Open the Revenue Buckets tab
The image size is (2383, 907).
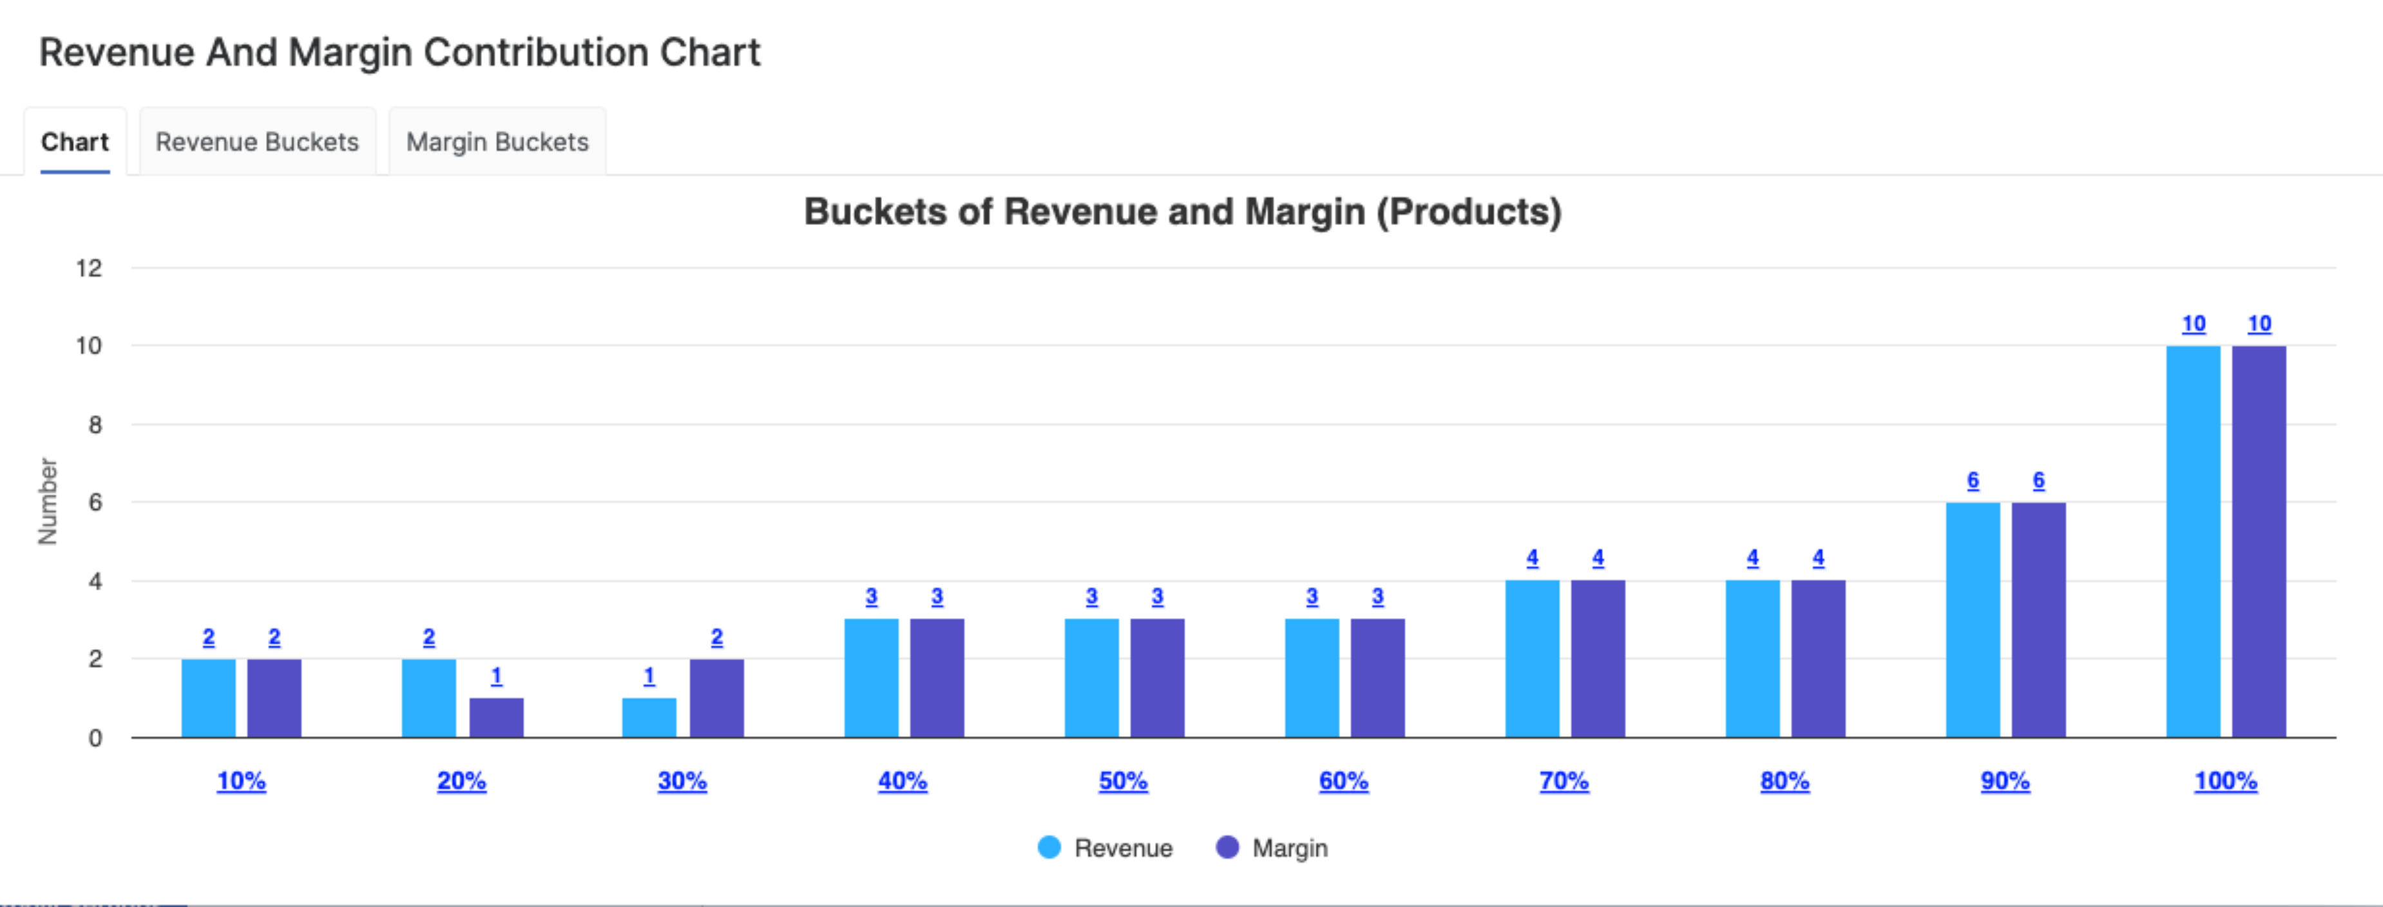click(256, 142)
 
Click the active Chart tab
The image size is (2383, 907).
click(75, 142)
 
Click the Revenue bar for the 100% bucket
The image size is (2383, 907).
click(2192, 541)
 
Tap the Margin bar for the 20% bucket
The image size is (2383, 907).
click(496, 717)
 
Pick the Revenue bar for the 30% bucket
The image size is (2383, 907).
click(649, 717)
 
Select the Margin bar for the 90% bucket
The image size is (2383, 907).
click(2038, 620)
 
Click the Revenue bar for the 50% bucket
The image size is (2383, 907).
click(1091, 678)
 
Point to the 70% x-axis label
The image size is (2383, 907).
click(1564, 780)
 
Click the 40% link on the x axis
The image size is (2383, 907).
click(902, 780)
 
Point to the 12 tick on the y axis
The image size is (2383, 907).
click(89, 268)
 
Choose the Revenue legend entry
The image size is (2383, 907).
click(1105, 848)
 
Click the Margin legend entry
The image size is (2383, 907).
click(1273, 848)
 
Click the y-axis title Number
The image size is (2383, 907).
click(47, 501)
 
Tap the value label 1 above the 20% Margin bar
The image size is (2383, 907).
click(496, 676)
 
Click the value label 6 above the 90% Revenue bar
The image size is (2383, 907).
click(1972, 480)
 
